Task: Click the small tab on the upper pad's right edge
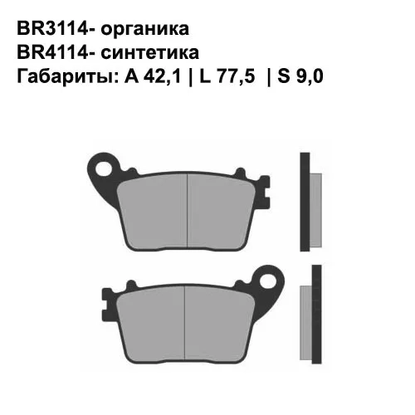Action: pyautogui.click(x=265, y=199)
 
